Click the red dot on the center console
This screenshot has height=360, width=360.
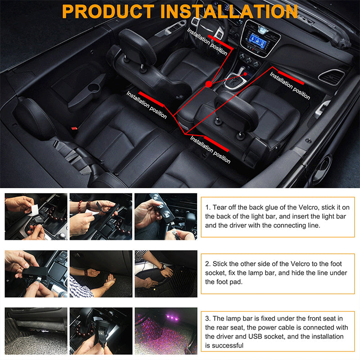(208, 84)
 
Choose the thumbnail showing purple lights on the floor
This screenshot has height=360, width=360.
(166, 331)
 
